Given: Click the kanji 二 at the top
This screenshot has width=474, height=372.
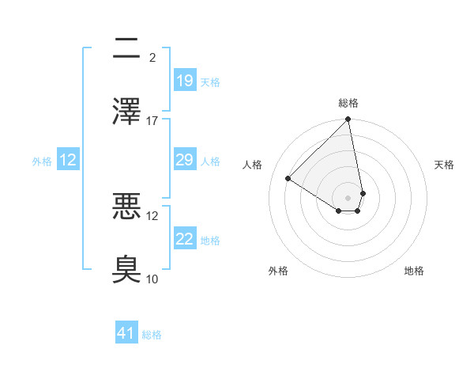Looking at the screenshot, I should [126, 49].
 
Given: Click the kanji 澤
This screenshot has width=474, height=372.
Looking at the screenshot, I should [126, 112].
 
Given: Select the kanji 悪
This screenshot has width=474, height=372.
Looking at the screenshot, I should [126, 207].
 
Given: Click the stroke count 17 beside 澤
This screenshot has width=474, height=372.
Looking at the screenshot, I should [152, 120].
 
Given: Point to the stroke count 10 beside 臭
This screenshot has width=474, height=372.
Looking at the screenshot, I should [152, 279].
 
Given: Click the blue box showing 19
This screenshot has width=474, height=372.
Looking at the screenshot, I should [185, 81].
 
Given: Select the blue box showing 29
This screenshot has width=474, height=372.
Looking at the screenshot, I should [185, 160].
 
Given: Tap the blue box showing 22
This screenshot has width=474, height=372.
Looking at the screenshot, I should [185, 239].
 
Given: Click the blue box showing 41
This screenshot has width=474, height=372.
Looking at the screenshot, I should [126, 333].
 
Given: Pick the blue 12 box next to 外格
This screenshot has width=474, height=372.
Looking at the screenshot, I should [68, 160].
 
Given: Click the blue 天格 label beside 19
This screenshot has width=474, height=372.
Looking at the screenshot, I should [210, 82].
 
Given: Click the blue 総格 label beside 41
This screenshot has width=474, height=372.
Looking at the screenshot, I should [152, 335].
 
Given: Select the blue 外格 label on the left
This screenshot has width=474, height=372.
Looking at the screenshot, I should [42, 161].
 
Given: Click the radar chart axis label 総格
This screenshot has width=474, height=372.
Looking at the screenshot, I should [348, 103].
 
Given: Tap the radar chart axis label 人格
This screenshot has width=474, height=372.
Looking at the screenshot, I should [253, 165].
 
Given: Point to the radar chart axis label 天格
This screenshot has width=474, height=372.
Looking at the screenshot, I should [444, 165].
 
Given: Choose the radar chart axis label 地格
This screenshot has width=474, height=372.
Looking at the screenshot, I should [414, 271].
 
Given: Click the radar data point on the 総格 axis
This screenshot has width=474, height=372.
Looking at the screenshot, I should [348, 120].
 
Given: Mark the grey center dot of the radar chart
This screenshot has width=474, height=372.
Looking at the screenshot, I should [348, 197].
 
